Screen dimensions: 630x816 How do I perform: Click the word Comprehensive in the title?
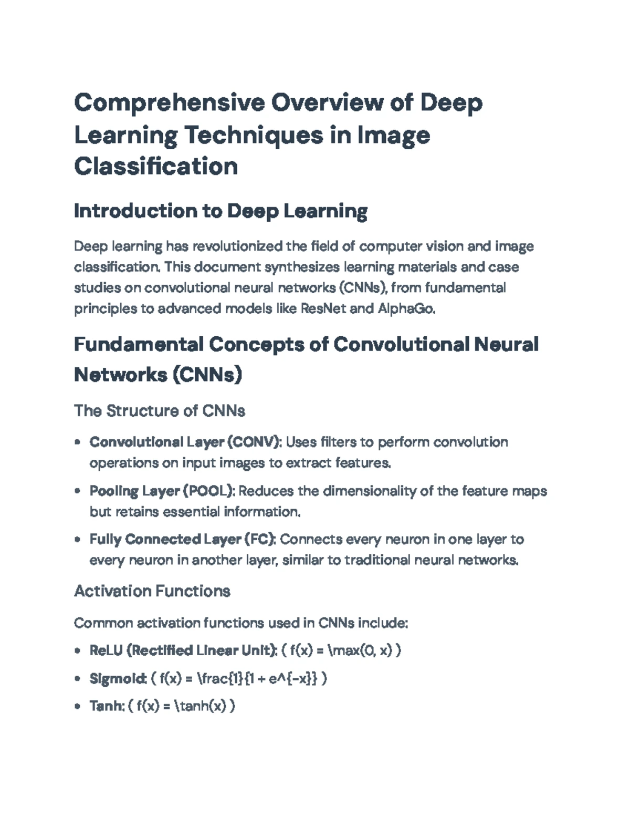[169, 104]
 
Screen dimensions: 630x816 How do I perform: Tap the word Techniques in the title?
[253, 135]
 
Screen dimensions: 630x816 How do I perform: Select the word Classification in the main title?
[156, 167]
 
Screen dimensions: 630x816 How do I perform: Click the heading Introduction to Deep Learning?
[220, 211]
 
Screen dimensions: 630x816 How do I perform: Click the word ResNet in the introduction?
[323, 308]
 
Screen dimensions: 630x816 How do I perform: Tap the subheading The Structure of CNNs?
[160, 411]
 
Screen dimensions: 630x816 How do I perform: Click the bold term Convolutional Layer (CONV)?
[185, 442]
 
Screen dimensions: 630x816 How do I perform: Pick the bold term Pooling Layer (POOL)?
[162, 491]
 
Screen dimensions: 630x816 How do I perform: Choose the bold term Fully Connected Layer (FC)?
[182, 540]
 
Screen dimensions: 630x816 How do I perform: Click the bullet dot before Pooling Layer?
[78, 491]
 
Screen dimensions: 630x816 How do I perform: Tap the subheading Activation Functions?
[152, 592]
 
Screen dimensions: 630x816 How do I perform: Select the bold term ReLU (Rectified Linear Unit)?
[183, 650]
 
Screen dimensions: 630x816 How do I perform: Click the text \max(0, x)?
[360, 650]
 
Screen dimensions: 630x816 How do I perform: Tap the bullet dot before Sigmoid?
[78, 678]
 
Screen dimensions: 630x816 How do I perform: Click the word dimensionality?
[369, 491]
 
